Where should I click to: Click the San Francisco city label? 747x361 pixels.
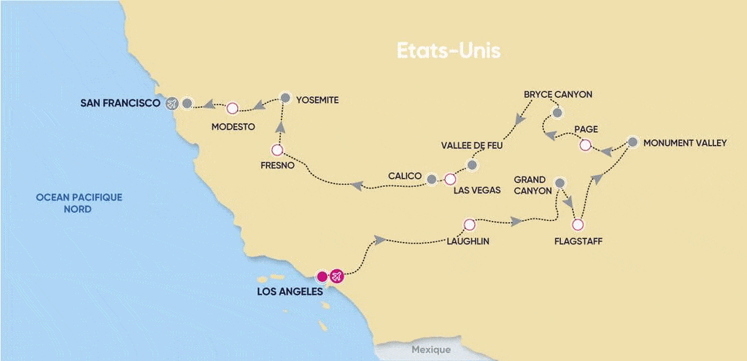pyautogui.click(x=120, y=104)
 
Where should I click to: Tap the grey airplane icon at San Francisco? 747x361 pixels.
pyautogui.click(x=171, y=104)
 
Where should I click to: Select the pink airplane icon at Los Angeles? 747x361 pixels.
pyautogui.click(x=336, y=276)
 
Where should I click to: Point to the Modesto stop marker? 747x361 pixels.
pyautogui.click(x=232, y=109)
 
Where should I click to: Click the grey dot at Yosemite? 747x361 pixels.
pyautogui.click(x=285, y=97)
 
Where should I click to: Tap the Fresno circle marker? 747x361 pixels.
pyautogui.click(x=276, y=150)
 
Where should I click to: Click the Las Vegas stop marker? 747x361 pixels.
pyautogui.click(x=450, y=179)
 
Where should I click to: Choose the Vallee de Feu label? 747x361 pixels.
pyautogui.click(x=473, y=145)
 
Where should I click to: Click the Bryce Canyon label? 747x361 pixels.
pyautogui.click(x=558, y=95)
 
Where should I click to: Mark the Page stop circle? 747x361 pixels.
pyautogui.click(x=584, y=145)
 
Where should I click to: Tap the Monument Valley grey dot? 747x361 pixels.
pyautogui.click(x=632, y=142)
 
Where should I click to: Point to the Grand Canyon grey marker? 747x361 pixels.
pyautogui.click(x=560, y=183)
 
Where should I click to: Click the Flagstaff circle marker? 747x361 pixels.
pyautogui.click(x=578, y=224)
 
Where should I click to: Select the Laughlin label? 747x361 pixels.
pyautogui.click(x=468, y=240)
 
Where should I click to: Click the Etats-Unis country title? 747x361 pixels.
pyautogui.click(x=448, y=52)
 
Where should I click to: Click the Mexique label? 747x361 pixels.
pyautogui.click(x=430, y=349)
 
